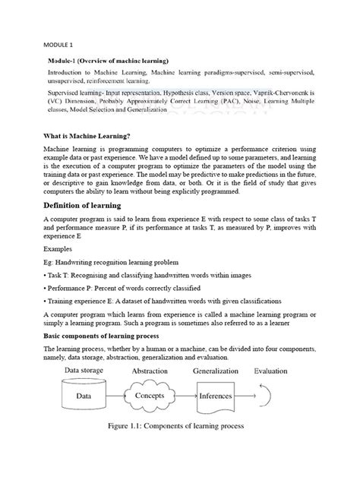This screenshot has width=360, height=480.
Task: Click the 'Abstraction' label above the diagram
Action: (154, 371)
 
